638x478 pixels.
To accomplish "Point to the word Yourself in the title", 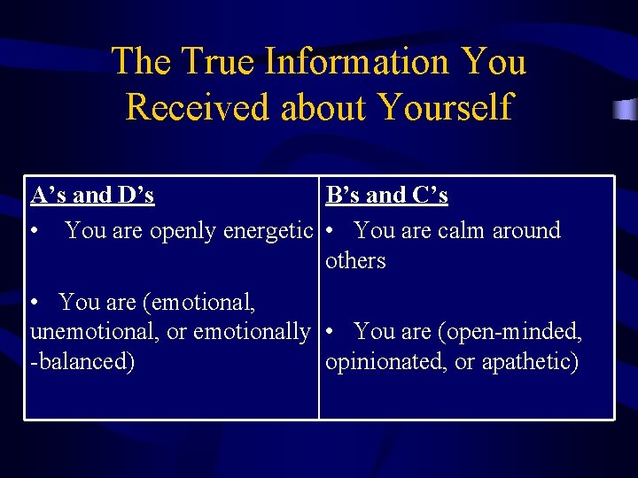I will pyautogui.click(x=444, y=107).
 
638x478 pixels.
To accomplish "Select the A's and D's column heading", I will pyautogui.click(x=92, y=195).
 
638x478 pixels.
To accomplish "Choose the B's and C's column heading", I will pyautogui.click(x=386, y=195).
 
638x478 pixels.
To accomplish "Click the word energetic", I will pyautogui.click(x=268, y=231).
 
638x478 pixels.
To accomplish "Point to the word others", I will pyautogui.click(x=355, y=261).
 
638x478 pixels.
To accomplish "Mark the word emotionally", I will pyautogui.click(x=252, y=332).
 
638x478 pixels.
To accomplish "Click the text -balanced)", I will pyautogui.click(x=82, y=362).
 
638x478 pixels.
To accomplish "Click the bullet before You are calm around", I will pyautogui.click(x=330, y=231).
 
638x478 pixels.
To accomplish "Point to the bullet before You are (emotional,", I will pyautogui.click(x=35, y=303).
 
